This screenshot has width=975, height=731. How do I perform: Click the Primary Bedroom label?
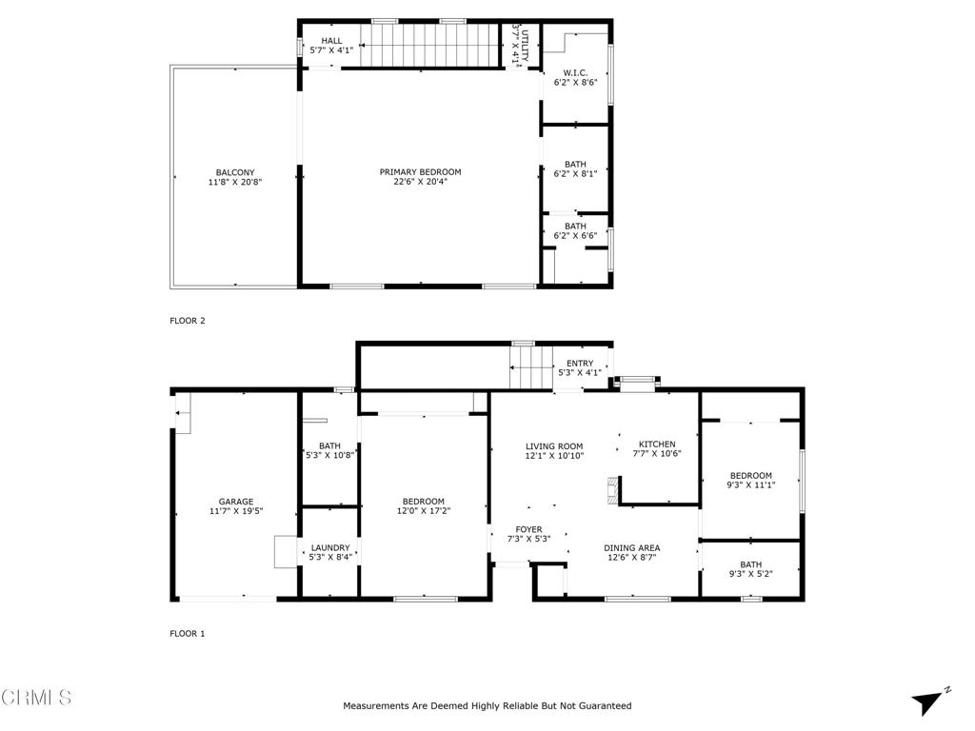click(420, 172)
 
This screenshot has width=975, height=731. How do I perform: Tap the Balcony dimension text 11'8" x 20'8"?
click(234, 182)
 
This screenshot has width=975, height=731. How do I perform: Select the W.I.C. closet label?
click(575, 72)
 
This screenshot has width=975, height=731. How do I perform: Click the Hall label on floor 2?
click(331, 41)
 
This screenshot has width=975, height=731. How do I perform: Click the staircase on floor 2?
click(433, 45)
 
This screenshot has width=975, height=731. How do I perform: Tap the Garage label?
click(235, 502)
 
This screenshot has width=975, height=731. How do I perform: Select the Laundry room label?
click(330, 547)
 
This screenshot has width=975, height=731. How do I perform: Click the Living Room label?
click(554, 445)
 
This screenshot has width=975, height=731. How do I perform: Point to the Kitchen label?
click(657, 445)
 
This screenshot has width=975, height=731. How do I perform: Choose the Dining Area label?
click(633, 547)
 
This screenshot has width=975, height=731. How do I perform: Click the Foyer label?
click(528, 529)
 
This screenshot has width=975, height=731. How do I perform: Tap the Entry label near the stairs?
click(580, 364)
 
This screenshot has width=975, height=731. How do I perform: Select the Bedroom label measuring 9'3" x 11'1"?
click(751, 475)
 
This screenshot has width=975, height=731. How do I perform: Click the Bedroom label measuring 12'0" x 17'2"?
click(423, 502)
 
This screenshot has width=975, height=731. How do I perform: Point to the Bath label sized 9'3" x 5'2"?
click(751, 564)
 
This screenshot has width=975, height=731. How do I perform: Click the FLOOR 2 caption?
click(188, 321)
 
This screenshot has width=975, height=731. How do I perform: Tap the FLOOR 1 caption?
click(188, 633)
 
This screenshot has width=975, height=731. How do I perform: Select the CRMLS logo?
click(36, 698)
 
